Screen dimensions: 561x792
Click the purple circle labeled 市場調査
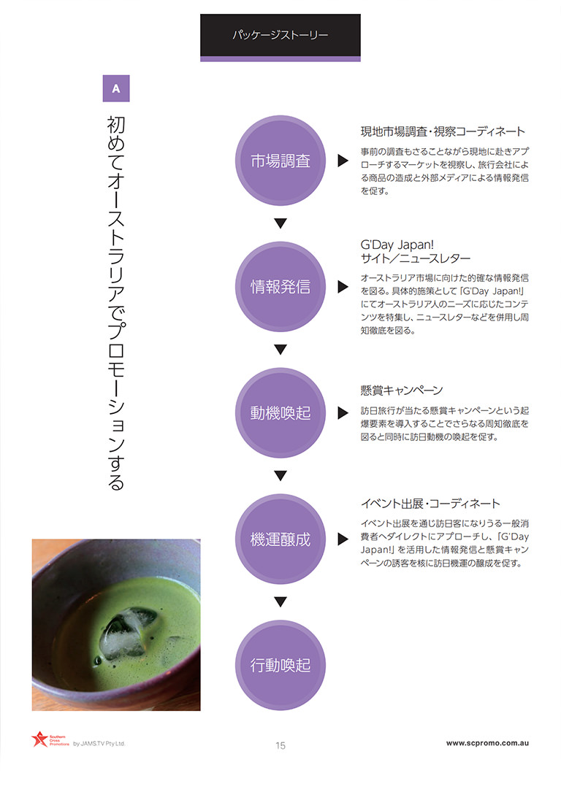pyautogui.click(x=280, y=161)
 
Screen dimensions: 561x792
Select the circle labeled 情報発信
pyautogui.click(x=280, y=287)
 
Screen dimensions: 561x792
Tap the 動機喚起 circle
pyautogui.click(x=280, y=413)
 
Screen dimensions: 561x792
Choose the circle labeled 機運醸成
pyautogui.click(x=280, y=539)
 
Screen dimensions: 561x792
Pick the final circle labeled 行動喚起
pyautogui.click(x=280, y=665)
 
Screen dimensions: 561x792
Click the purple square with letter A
pyautogui.click(x=116, y=88)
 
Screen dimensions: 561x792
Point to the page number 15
pyautogui.click(x=280, y=745)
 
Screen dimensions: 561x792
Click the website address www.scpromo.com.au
pyautogui.click(x=487, y=743)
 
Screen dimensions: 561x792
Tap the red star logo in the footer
pyautogui.click(x=39, y=739)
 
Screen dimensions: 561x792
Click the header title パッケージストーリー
pyautogui.click(x=280, y=35)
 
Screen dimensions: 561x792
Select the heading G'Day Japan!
pyautogui.click(x=397, y=245)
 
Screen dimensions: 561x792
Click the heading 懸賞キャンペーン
pyautogui.click(x=401, y=391)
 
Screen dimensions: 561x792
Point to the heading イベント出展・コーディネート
pyautogui.click(x=430, y=504)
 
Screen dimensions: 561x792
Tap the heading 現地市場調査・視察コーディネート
pyautogui.click(x=443, y=132)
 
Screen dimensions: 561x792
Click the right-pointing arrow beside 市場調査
pyautogui.click(x=343, y=161)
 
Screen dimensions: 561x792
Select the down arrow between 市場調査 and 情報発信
pyautogui.click(x=280, y=223)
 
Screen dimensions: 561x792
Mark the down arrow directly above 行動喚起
pyautogui.click(x=280, y=601)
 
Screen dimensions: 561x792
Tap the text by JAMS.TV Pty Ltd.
pyautogui.click(x=99, y=744)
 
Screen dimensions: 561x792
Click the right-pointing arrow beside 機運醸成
pyautogui.click(x=343, y=539)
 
